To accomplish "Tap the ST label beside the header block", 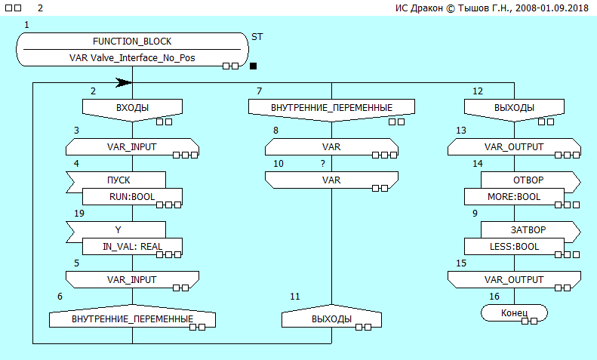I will pos(257,35).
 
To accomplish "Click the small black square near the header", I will pos(254,66).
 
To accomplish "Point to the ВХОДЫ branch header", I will pos(132,109).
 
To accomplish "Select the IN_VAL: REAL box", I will pos(132,246).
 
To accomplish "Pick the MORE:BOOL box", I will pos(514,197).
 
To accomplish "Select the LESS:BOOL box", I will pos(514,246).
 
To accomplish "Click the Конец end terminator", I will pos(514,312).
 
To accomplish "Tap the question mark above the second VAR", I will pos(323,163).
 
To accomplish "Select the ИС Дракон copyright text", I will pos(491,8).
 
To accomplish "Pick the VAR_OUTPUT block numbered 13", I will pos(514,147).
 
